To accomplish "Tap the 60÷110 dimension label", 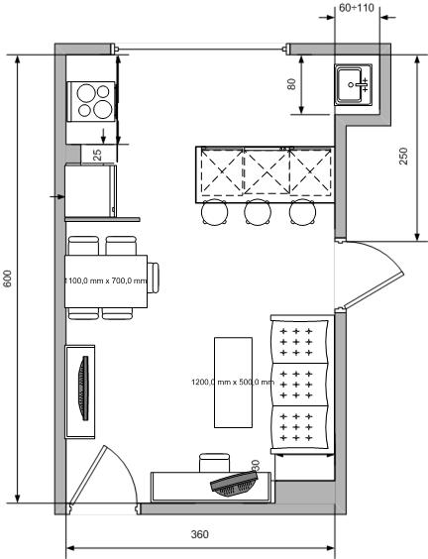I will pyautogui.click(x=357, y=8).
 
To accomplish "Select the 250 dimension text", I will pyautogui.click(x=403, y=157).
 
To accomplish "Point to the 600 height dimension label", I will pyautogui.click(x=8, y=279).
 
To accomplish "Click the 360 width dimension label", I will pyautogui.click(x=199, y=534).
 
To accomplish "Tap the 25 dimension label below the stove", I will pyautogui.click(x=97, y=154).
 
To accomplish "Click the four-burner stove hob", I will pyautogui.click(x=92, y=99).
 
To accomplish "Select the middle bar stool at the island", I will pyautogui.click(x=258, y=211).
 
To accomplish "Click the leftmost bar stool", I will pyautogui.click(x=214, y=211).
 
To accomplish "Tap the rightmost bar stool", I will pyautogui.click(x=301, y=211).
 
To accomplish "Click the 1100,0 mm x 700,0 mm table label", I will pyautogui.click(x=106, y=280).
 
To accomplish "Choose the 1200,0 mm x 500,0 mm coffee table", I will pyautogui.click(x=233, y=383).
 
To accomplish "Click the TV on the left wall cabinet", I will pyautogui.click(x=82, y=390).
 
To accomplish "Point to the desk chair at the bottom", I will pyautogui.click(x=214, y=463).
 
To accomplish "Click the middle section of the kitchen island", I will pyautogui.click(x=266, y=173).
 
